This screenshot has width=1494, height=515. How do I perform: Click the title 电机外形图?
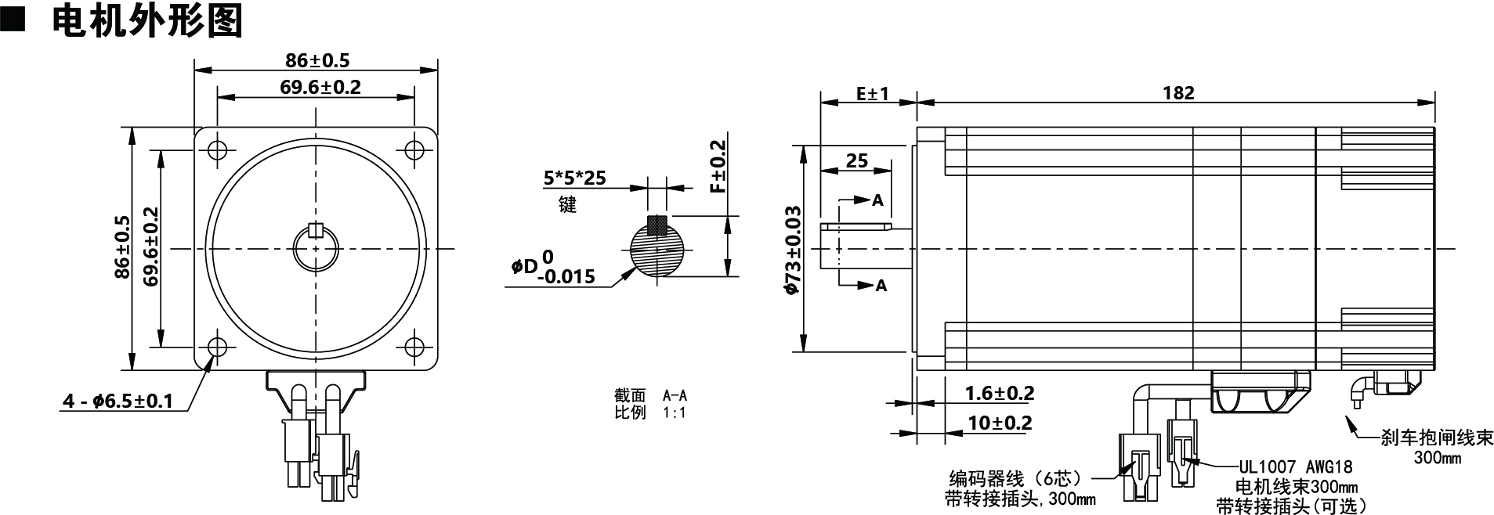click(x=147, y=21)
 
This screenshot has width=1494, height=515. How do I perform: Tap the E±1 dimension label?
click(x=872, y=93)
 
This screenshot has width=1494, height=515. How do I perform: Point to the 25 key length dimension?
click(x=857, y=160)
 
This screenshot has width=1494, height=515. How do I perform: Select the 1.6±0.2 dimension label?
click(x=999, y=393)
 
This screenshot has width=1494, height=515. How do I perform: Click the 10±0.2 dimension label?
click(x=1000, y=423)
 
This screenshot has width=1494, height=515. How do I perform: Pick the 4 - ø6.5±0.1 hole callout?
click(x=118, y=402)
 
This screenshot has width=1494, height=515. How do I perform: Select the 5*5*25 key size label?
click(x=574, y=178)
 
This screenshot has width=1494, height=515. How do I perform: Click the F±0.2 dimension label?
click(x=717, y=165)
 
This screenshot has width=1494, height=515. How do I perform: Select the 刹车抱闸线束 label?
click(x=1437, y=438)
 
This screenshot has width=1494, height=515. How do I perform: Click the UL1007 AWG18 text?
click(x=1295, y=467)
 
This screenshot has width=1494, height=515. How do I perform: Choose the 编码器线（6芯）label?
click(x=1015, y=477)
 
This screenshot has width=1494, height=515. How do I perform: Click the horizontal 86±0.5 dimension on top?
click(x=317, y=60)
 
